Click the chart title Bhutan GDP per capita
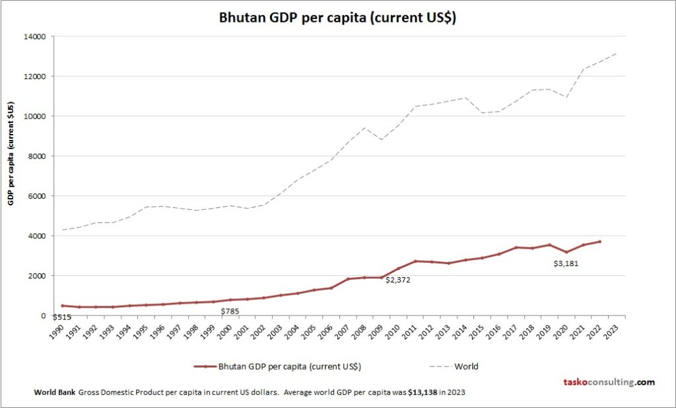click(x=337, y=18)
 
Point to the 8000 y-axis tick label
click(x=37, y=156)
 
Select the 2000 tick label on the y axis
click(x=37, y=275)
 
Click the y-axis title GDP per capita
click(x=11, y=153)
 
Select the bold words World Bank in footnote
click(x=55, y=392)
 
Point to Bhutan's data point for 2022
click(x=599, y=242)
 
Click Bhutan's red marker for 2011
click(x=415, y=261)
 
